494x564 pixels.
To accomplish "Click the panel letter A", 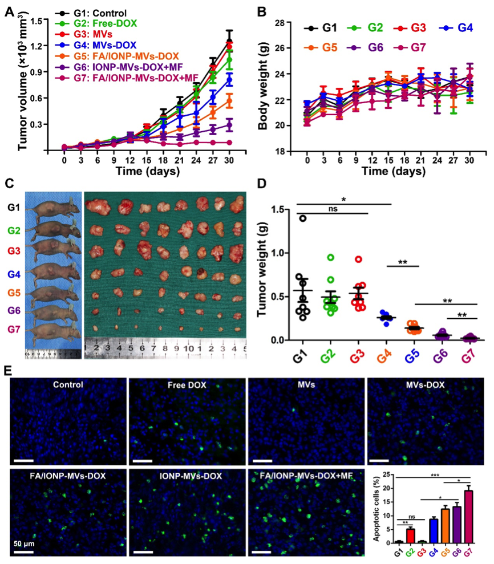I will click(x=9, y=11).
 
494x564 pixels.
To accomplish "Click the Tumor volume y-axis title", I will click(x=23, y=85).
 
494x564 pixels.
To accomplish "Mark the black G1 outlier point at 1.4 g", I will click(x=303, y=218).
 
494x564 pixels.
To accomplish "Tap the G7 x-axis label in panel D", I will click(x=468, y=359).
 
